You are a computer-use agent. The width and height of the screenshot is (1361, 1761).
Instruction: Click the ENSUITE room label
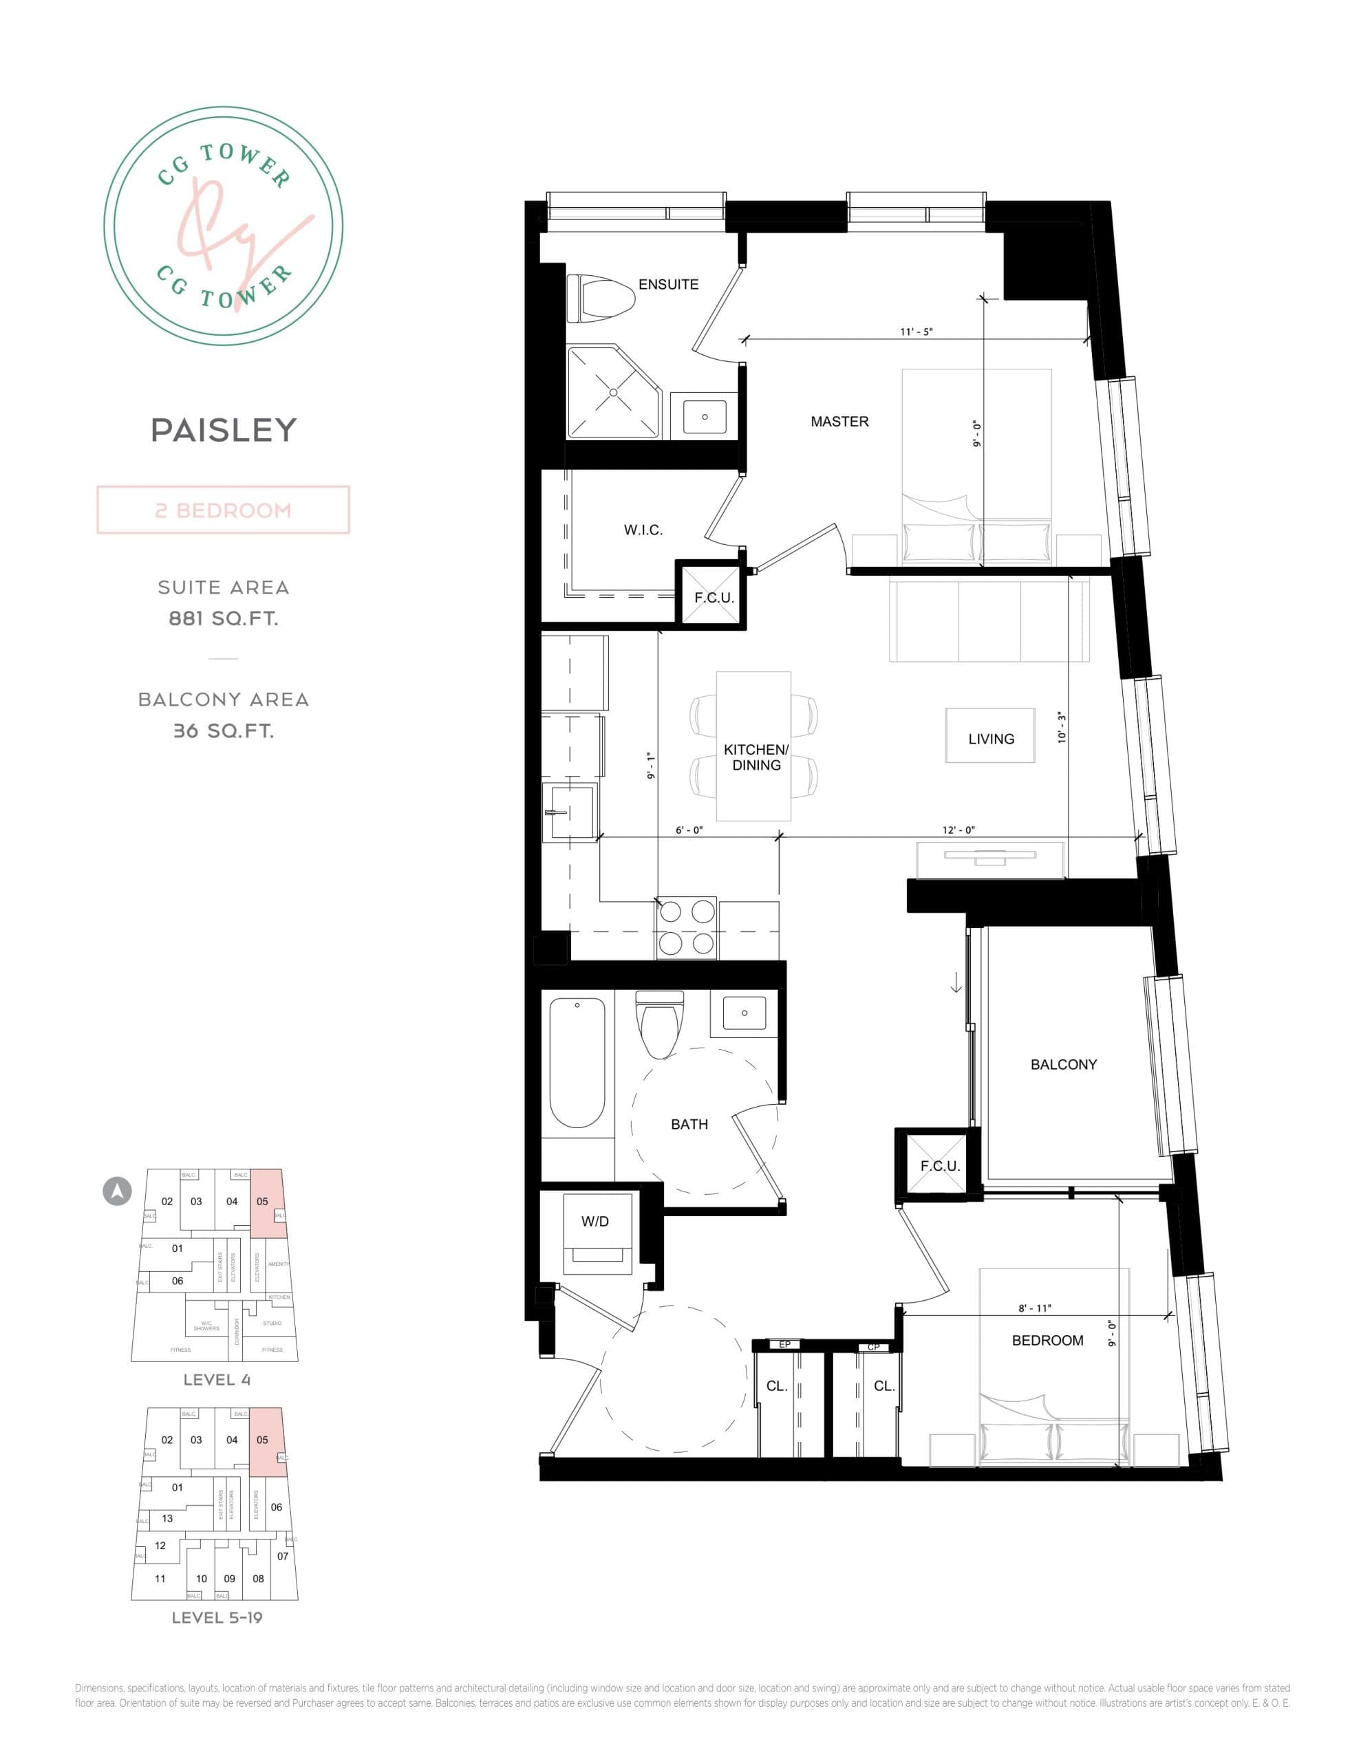[668, 284]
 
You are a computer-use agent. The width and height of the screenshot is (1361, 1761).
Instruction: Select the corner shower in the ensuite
[612, 393]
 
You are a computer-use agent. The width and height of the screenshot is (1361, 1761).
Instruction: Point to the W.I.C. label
[643, 530]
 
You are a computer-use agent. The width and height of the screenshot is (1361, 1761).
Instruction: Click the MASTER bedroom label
[839, 422]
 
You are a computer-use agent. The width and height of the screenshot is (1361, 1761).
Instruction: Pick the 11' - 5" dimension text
[917, 332]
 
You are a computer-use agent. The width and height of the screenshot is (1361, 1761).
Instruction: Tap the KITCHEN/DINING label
[756, 757]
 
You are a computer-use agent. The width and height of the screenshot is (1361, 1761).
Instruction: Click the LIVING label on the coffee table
[991, 739]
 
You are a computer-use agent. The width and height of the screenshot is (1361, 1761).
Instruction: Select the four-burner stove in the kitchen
[687, 928]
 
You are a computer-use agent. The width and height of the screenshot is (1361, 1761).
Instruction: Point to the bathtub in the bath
[577, 1063]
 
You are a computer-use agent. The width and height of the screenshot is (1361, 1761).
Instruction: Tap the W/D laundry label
[594, 1222]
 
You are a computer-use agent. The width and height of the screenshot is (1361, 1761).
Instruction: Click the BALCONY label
[1063, 1064]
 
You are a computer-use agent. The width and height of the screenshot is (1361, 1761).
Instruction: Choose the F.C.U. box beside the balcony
[939, 1166]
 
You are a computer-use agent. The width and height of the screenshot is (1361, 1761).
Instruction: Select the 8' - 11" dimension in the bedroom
[1035, 1308]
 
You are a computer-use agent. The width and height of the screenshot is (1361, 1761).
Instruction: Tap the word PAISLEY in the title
[224, 430]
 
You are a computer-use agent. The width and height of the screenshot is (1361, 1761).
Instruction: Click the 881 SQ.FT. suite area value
[224, 618]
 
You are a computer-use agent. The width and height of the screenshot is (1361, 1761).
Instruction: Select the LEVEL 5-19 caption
[217, 1617]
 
